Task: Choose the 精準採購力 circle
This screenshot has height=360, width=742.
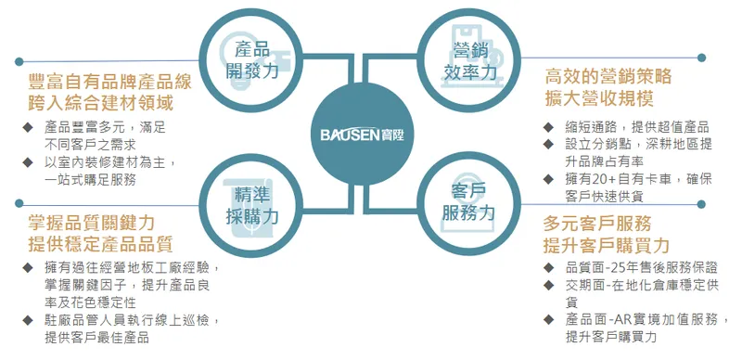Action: click(251, 203)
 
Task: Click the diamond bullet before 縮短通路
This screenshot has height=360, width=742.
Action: click(548, 127)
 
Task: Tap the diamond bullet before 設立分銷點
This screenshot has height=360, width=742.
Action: click(548, 145)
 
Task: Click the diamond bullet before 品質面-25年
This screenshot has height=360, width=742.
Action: click(548, 267)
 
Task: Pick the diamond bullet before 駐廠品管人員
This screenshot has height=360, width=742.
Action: click(27, 320)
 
